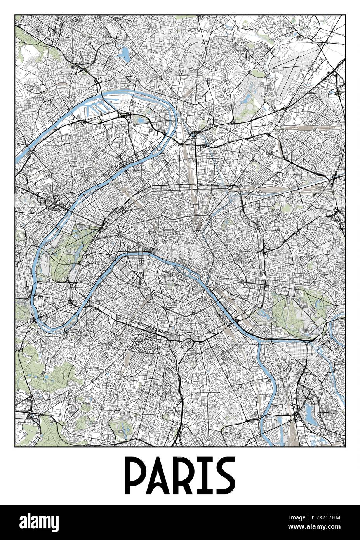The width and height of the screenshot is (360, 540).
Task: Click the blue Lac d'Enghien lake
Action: (x=125, y=54)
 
